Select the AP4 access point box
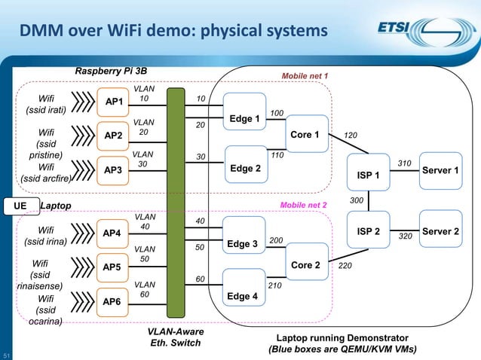tap(112, 233)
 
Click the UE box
tap(18, 204)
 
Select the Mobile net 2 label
tap(303, 204)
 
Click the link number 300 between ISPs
tap(357, 200)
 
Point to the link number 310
tap(404, 163)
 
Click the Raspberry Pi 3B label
tap(111, 71)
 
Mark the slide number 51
tap(6, 355)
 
